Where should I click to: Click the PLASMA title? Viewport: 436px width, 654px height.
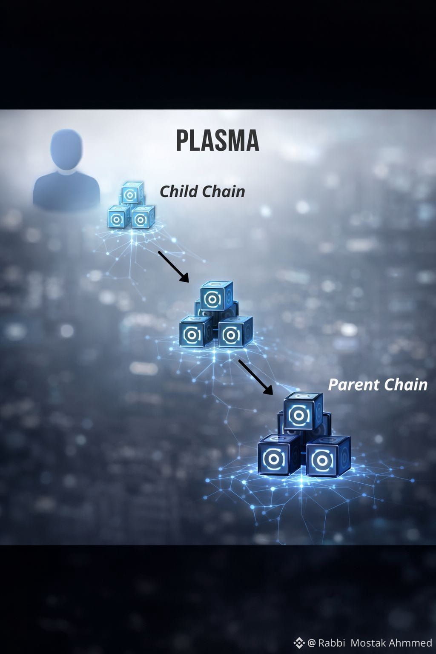[218, 141]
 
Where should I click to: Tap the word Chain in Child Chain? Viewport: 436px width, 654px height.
[223, 192]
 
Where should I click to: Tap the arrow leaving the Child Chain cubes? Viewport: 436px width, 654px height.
[173, 266]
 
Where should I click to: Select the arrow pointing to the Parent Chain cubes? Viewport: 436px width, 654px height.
[255, 377]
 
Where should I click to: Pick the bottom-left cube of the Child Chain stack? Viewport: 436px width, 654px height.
[119, 217]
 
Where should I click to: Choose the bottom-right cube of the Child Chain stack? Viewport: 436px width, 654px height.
[143, 217]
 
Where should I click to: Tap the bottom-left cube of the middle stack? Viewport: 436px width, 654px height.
[196, 331]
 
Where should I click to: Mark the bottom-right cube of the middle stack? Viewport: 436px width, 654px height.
[235, 332]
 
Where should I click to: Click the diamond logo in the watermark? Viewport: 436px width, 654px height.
[299, 643]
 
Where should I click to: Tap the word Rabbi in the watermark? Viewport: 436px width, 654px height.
[331, 643]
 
